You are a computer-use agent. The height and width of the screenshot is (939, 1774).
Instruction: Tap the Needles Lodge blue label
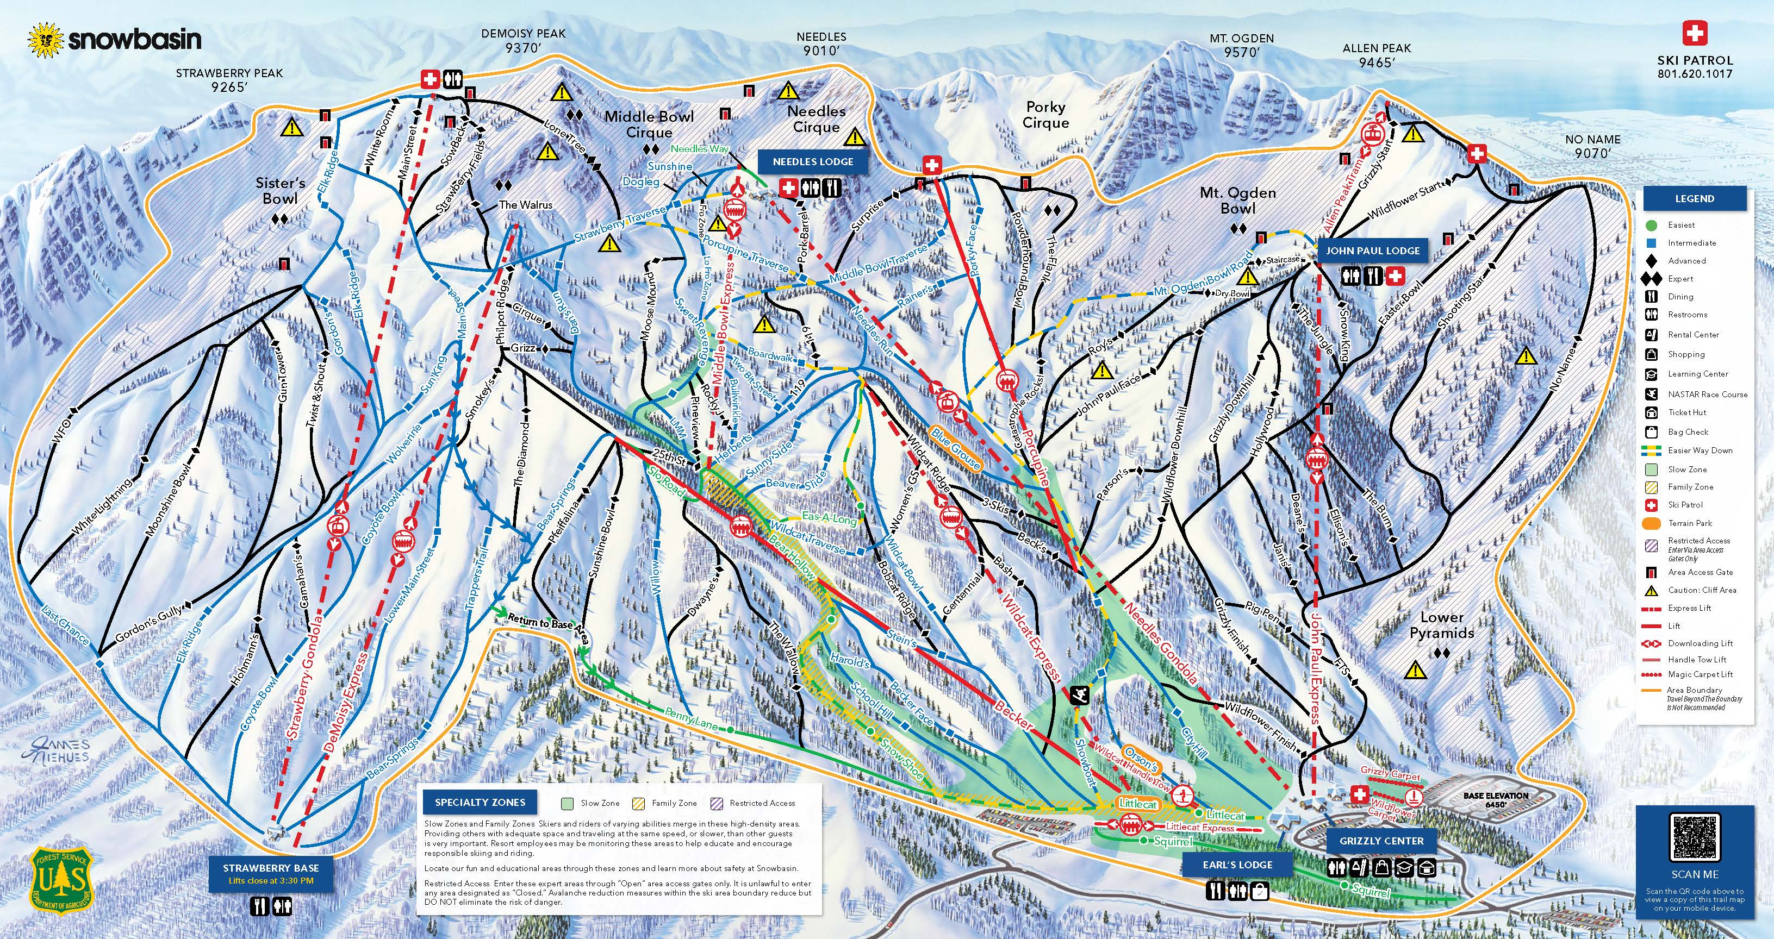click(813, 162)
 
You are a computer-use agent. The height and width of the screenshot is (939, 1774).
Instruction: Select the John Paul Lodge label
click(1373, 251)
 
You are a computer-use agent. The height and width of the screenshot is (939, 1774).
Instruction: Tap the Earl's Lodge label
click(1237, 865)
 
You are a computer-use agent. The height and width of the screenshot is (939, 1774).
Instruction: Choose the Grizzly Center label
click(1381, 841)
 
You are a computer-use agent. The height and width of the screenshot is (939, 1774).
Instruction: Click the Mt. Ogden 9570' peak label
click(1242, 46)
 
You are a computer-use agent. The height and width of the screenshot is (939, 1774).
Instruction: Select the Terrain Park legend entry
click(1690, 523)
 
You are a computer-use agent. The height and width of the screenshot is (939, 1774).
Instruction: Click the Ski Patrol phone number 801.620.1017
click(1694, 74)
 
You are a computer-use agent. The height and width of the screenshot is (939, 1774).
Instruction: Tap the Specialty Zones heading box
click(480, 802)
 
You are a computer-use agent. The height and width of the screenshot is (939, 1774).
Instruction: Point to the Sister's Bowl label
click(281, 191)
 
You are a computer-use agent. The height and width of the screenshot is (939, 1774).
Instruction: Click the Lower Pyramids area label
click(1441, 625)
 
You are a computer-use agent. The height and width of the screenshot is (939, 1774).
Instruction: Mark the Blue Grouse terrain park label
click(955, 448)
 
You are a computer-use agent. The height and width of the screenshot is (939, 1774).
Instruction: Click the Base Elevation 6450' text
click(1495, 799)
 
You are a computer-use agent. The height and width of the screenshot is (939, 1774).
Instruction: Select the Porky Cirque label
click(1045, 115)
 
